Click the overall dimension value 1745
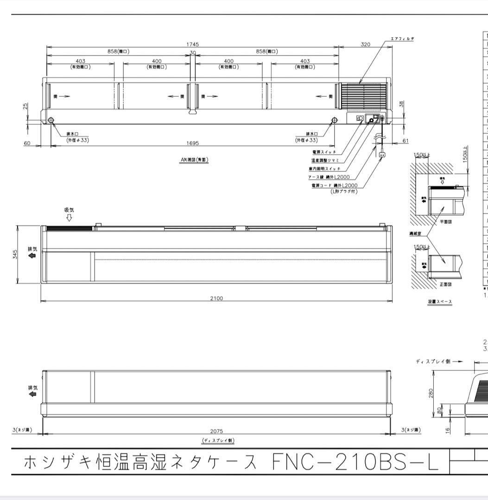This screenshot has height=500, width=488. (193, 44)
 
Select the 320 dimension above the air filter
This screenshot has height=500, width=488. (366, 44)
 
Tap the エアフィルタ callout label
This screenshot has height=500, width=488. (402, 39)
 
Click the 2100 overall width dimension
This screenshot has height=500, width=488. (216, 298)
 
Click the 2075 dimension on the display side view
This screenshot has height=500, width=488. (216, 431)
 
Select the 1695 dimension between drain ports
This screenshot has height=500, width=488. (193, 144)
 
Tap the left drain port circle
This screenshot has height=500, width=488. (51, 120)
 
